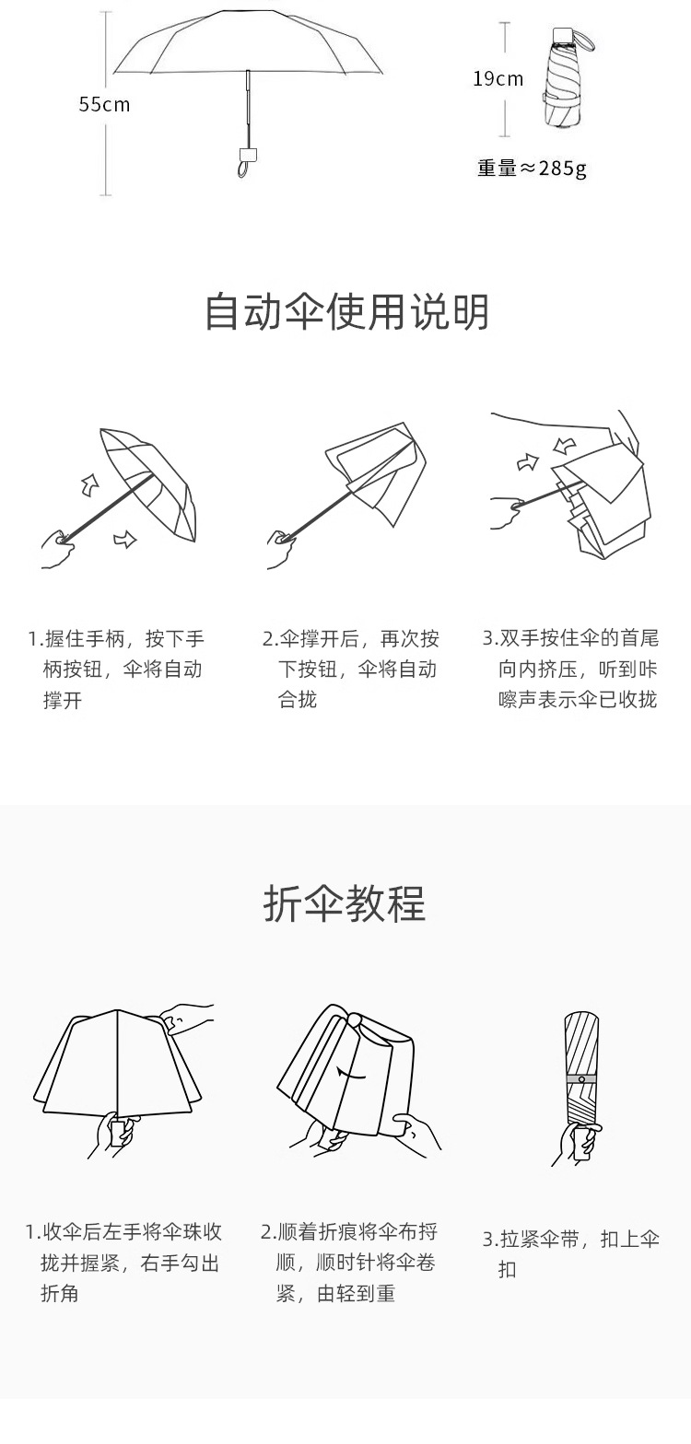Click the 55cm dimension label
pyautogui.click(x=104, y=104)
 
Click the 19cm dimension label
pyautogui.click(x=498, y=78)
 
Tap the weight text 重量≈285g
pyautogui.click(x=532, y=169)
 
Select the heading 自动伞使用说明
pyautogui.click(x=345, y=311)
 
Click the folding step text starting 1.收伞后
pyautogui.click(x=123, y=1263)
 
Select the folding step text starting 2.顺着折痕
pyautogui.click(x=349, y=1263)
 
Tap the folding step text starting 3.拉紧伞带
pyautogui.click(x=571, y=1253)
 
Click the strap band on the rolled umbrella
pyautogui.click(x=581, y=1078)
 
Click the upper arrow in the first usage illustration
pyautogui.click(x=90, y=483)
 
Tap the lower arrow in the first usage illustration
pyautogui.click(x=124, y=539)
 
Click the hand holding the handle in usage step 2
pyautogui.click(x=281, y=549)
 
